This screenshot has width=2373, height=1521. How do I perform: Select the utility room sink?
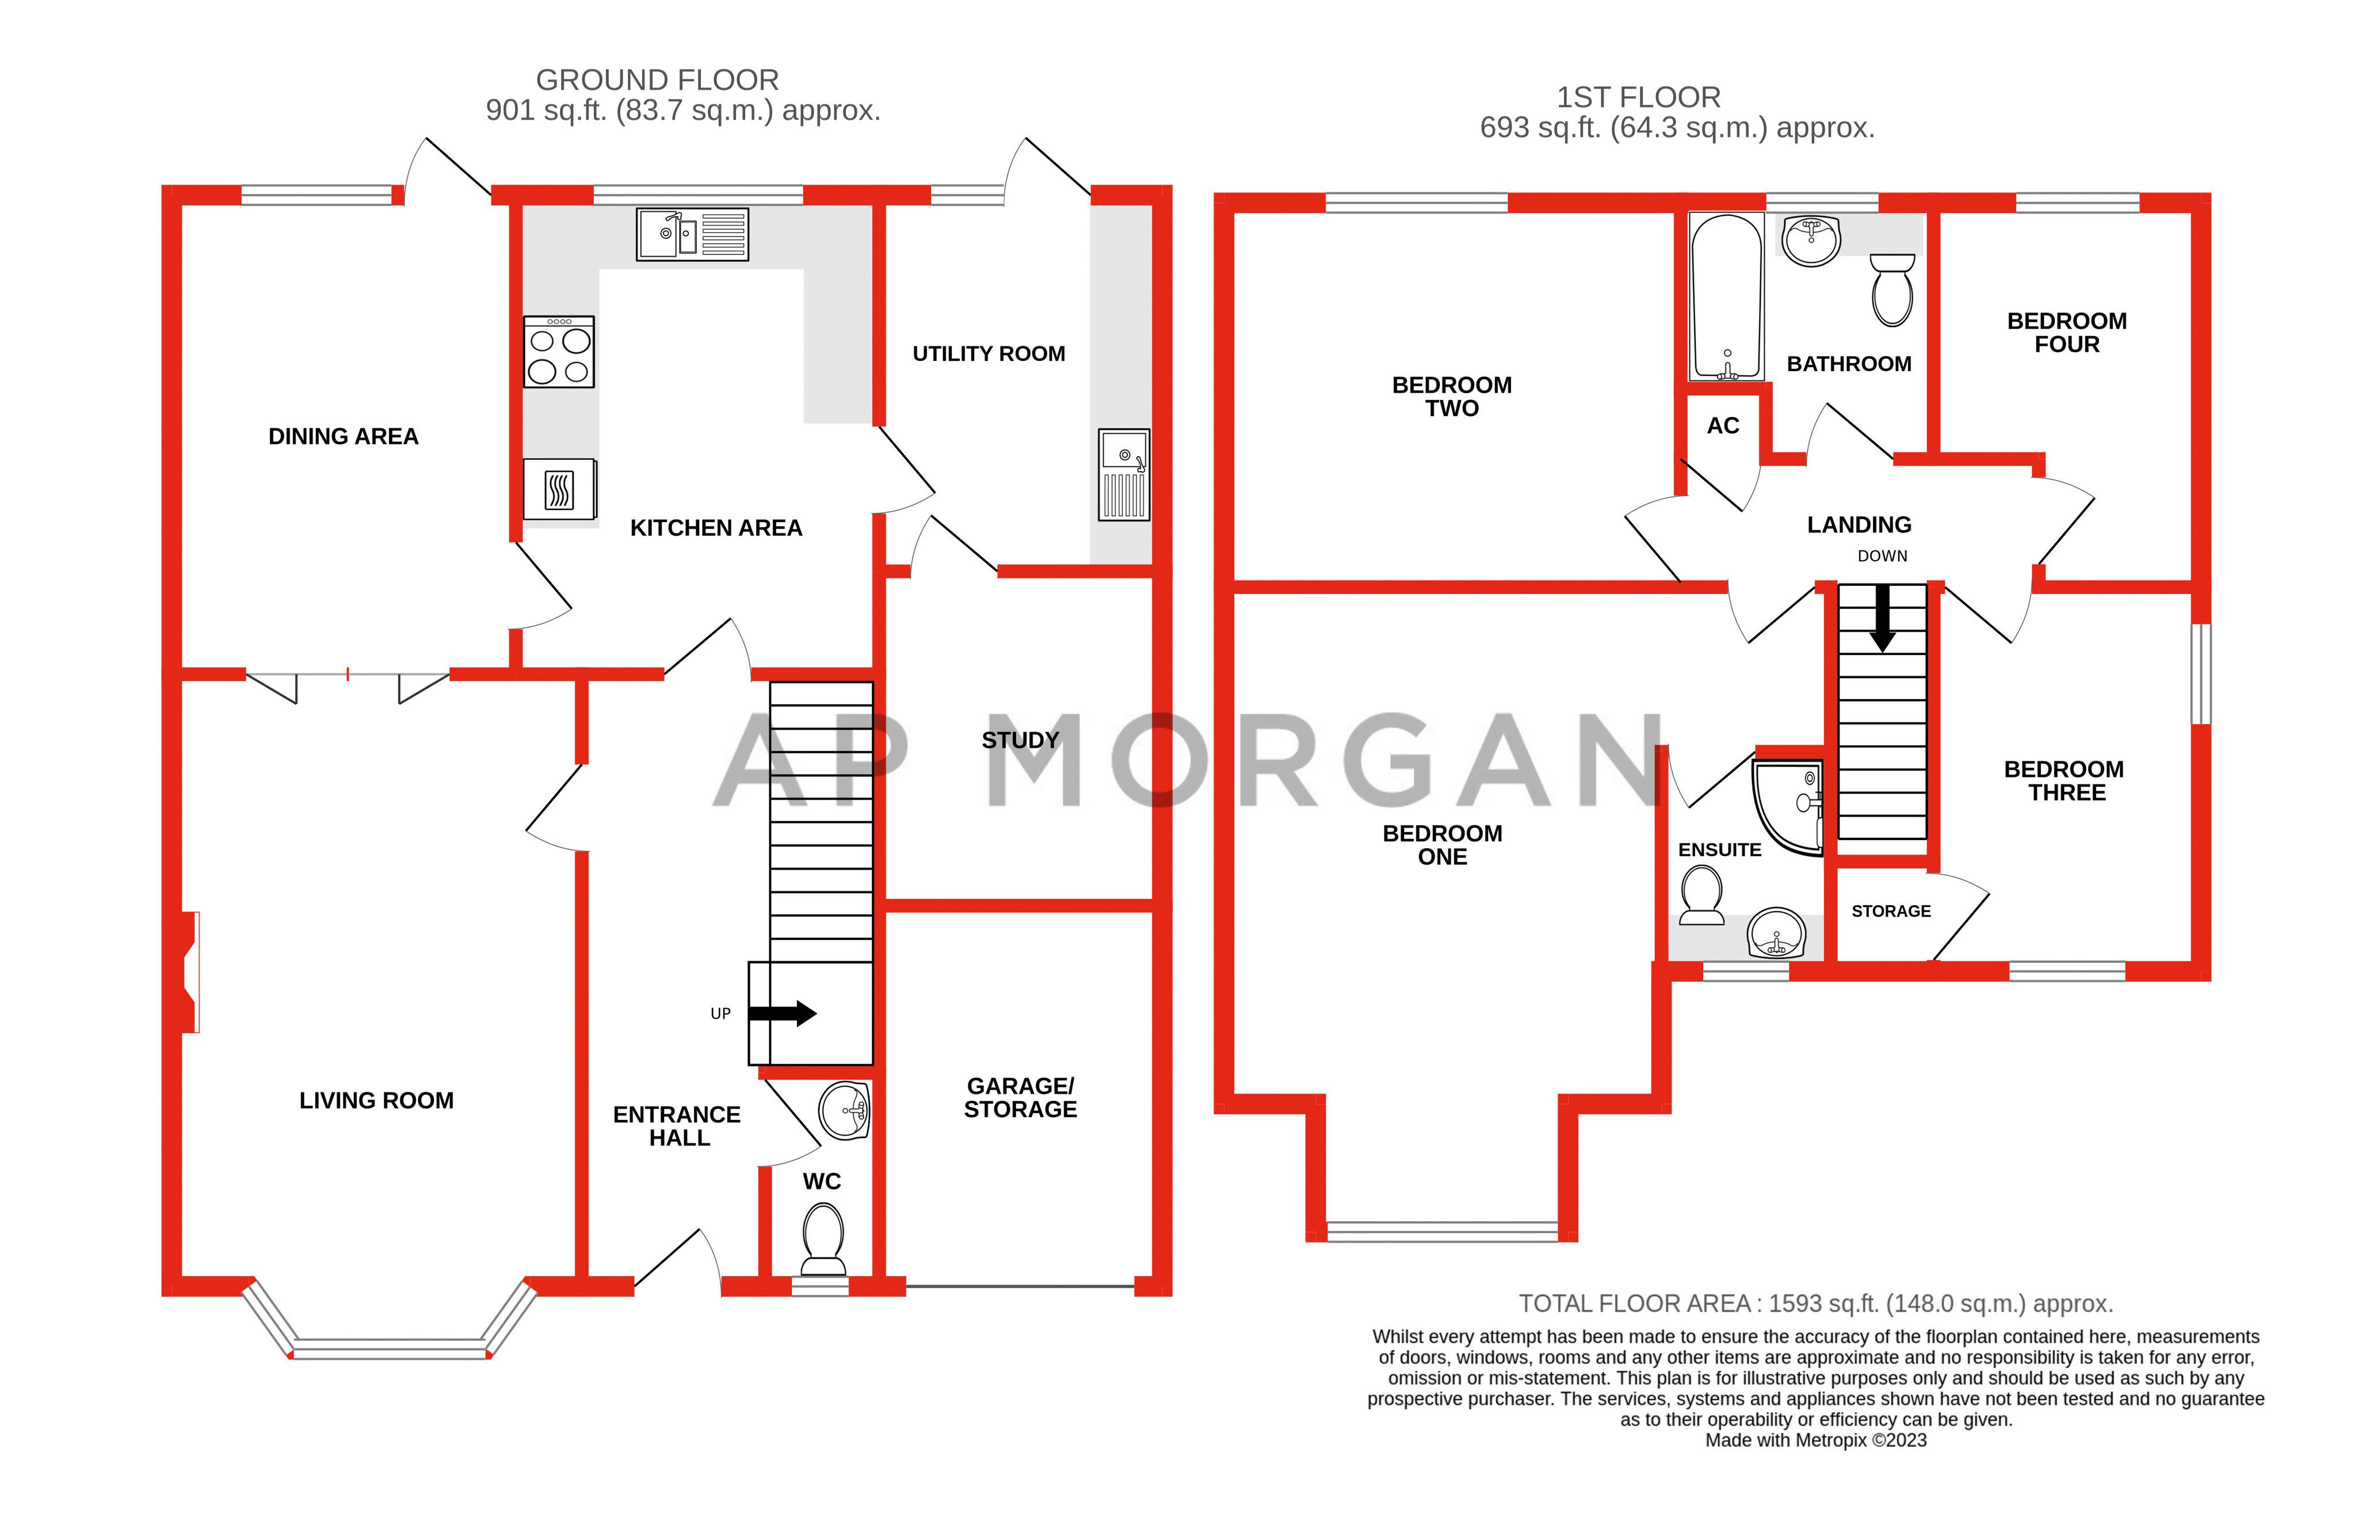pos(1124,475)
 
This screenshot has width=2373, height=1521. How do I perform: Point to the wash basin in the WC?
pos(844,1111)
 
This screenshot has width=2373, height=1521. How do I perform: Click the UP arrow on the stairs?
pos(782,1013)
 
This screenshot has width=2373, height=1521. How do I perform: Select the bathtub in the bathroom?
pos(1726,298)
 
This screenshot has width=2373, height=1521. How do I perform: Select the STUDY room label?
pos(1020,739)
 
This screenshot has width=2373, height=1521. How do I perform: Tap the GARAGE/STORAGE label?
pos(1020,1097)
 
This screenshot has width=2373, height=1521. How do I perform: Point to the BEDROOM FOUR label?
pos(2066,333)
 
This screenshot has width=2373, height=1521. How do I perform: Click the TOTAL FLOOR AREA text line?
pos(1815,1303)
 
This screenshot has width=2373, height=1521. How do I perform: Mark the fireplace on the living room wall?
pos(190,972)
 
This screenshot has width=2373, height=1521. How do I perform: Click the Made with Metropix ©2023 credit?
pos(1815,1440)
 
